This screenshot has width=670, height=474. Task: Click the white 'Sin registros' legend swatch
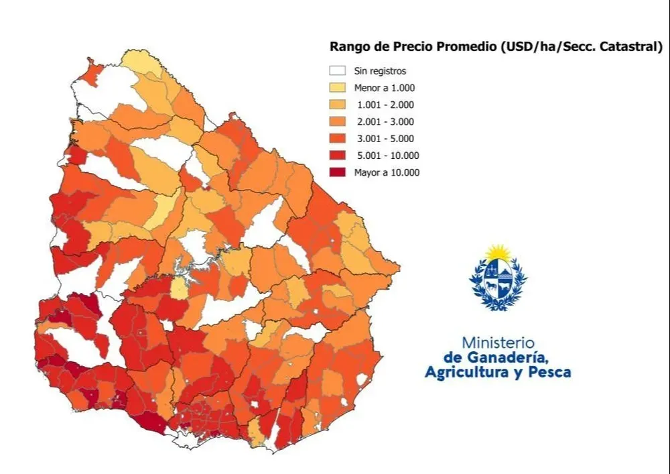pos(338,70)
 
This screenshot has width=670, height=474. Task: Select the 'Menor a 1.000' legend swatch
pos(338,87)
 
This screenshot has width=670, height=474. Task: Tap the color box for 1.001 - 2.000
pos(338,105)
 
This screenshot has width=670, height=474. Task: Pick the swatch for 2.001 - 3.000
pos(338,121)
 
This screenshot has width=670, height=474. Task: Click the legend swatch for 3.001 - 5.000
pos(338,139)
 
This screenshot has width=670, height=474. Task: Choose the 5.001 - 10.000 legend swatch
pos(338,156)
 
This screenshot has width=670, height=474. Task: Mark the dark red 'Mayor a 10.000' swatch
pos(338,172)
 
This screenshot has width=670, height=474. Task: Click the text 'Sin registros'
pos(380,70)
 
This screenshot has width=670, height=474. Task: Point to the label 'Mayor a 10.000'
pos(387,172)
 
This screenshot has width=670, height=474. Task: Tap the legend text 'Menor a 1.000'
pos(385,88)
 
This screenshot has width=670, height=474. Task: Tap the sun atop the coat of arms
pos(498,253)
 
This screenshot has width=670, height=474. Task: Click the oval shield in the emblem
pos(498,281)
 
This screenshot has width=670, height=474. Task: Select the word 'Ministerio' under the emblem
pos(497,342)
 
